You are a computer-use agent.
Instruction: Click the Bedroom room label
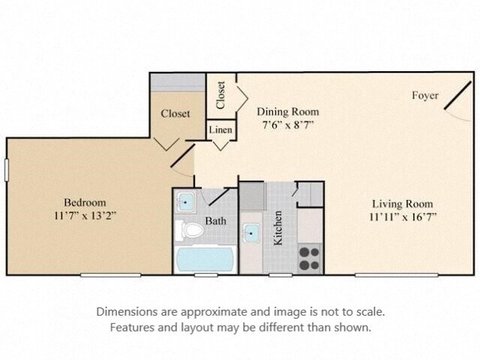84,202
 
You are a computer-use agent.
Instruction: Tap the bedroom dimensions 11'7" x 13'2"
84,215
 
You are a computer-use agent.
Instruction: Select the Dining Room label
283,112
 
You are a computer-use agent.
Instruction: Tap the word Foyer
425,95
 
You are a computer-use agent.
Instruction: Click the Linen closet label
221,130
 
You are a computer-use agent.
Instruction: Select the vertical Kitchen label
278,229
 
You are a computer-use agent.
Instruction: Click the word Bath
216,222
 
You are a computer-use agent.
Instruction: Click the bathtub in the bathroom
205,259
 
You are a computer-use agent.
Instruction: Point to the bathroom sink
185,202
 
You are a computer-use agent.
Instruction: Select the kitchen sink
250,234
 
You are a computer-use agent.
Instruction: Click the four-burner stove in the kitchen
310,257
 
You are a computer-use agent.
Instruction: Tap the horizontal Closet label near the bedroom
175,114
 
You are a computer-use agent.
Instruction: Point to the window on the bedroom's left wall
7,169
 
